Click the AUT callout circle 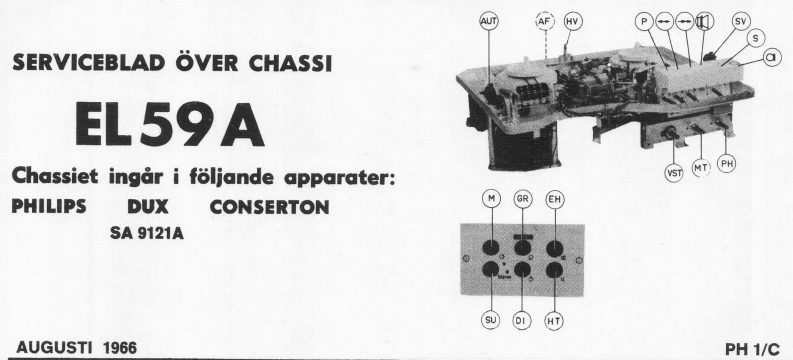coord(489,20)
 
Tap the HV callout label coord(573,20)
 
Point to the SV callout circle coord(741,20)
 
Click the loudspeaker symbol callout coord(705,20)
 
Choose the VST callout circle coord(674,172)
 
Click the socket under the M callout coord(492,248)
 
